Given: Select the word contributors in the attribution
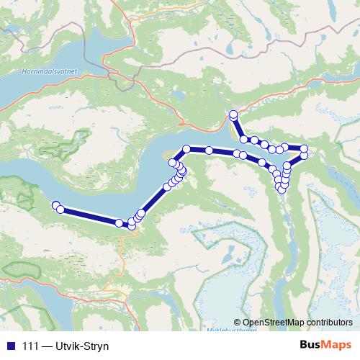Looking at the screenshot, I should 330,322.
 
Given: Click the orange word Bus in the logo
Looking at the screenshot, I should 311,346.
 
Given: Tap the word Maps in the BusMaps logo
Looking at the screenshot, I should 336,346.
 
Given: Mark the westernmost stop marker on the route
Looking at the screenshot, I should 55,206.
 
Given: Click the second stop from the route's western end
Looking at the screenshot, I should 60,210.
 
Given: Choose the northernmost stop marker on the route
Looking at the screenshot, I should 233,114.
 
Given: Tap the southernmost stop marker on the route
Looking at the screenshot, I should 132,226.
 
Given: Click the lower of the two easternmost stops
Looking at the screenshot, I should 304,155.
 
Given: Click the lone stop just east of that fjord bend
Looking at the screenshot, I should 209,150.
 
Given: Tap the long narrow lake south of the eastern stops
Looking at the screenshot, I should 292,230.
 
